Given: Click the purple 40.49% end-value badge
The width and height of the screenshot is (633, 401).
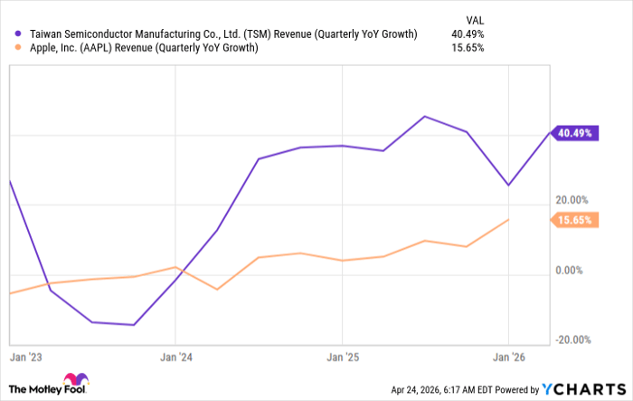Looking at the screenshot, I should (x=575, y=133).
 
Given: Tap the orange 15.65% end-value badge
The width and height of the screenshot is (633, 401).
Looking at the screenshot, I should (x=575, y=220).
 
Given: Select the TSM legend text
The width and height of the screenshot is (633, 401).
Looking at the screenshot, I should (x=222, y=34).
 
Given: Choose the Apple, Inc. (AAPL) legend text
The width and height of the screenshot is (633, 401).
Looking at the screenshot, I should (x=143, y=48).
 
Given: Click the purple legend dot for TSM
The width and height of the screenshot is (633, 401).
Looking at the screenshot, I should (x=18, y=34).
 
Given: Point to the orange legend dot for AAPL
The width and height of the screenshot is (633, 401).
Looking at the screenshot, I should (x=18, y=48).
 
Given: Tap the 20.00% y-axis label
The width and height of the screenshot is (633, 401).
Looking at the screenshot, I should (x=572, y=200).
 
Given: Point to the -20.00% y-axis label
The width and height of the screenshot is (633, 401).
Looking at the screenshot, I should (x=572, y=339).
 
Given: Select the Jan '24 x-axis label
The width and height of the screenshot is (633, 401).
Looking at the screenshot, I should (x=175, y=356).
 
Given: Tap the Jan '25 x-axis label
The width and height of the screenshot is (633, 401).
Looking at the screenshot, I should (x=342, y=356).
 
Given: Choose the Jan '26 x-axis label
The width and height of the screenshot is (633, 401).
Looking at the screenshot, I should (x=509, y=356).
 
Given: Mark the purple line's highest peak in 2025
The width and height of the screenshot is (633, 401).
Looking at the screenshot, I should (x=424, y=117).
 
